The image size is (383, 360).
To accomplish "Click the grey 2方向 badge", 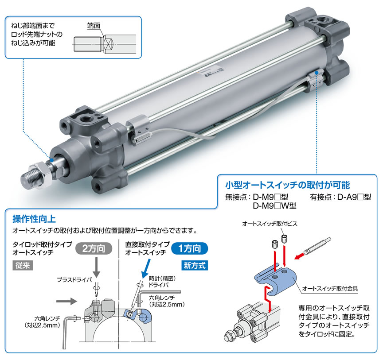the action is [94, 249].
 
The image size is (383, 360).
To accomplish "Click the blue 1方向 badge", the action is [190, 249].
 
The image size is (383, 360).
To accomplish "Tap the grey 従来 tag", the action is [23, 265].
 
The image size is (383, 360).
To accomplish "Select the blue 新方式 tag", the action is [195, 265].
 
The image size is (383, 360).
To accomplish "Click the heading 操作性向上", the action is [34, 219].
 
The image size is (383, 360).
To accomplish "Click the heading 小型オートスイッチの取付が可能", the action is [287, 185].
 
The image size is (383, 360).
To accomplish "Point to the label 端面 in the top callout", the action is [94, 26].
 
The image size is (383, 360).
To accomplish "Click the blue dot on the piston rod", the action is [52, 160].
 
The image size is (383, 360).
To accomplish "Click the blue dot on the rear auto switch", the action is [317, 73].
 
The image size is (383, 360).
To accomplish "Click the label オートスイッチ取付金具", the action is [330, 289].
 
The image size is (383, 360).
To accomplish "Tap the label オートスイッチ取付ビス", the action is [270, 224].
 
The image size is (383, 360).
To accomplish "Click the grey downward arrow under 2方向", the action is [97, 267].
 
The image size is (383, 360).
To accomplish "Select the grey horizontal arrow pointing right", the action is [66, 301].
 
